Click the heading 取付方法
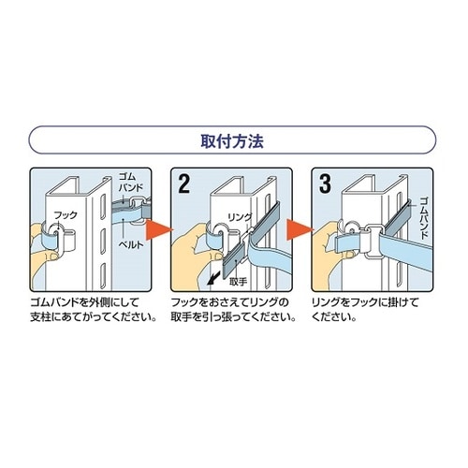234,144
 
